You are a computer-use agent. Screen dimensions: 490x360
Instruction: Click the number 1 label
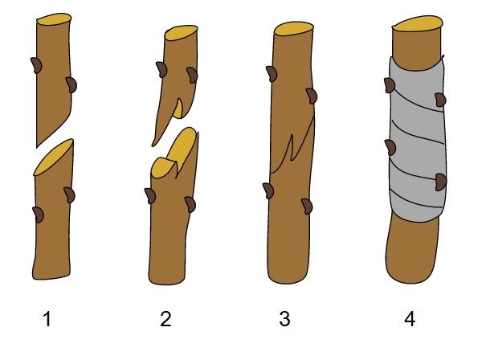pos(47,319)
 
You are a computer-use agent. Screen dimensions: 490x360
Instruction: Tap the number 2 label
pos(165,319)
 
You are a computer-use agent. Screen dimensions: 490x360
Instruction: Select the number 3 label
pos(284,319)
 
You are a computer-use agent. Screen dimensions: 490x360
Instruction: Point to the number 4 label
pos(410,319)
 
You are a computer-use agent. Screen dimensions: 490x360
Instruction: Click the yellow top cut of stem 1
pos(54,19)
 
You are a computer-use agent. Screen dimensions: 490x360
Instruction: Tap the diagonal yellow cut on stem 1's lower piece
pos(54,157)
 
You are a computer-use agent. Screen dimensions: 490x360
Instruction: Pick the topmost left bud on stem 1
pos(36,65)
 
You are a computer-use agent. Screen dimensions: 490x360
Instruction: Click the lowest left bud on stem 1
pos(38,215)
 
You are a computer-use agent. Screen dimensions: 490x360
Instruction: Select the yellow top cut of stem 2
pos(181,33)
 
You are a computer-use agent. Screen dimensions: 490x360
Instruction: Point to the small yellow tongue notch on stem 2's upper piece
pos(178,109)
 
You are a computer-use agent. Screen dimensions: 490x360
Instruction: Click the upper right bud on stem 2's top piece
pos(192,75)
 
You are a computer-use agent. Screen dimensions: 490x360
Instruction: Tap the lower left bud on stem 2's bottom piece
pos(150,196)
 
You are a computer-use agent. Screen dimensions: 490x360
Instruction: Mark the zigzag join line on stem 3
pos(292,145)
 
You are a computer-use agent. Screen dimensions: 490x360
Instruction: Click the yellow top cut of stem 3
pos(294,29)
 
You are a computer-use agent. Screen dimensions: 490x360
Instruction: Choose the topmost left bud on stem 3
pos(272,74)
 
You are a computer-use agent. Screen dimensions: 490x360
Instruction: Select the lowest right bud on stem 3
pos(307,207)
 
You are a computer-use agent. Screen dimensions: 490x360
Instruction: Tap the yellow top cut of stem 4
pos(418,24)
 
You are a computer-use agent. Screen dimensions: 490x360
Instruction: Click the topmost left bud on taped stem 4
pos(390,85)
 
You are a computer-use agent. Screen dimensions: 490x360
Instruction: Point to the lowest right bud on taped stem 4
pos(441,182)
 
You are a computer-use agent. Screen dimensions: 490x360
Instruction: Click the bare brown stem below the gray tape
pos(412,250)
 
